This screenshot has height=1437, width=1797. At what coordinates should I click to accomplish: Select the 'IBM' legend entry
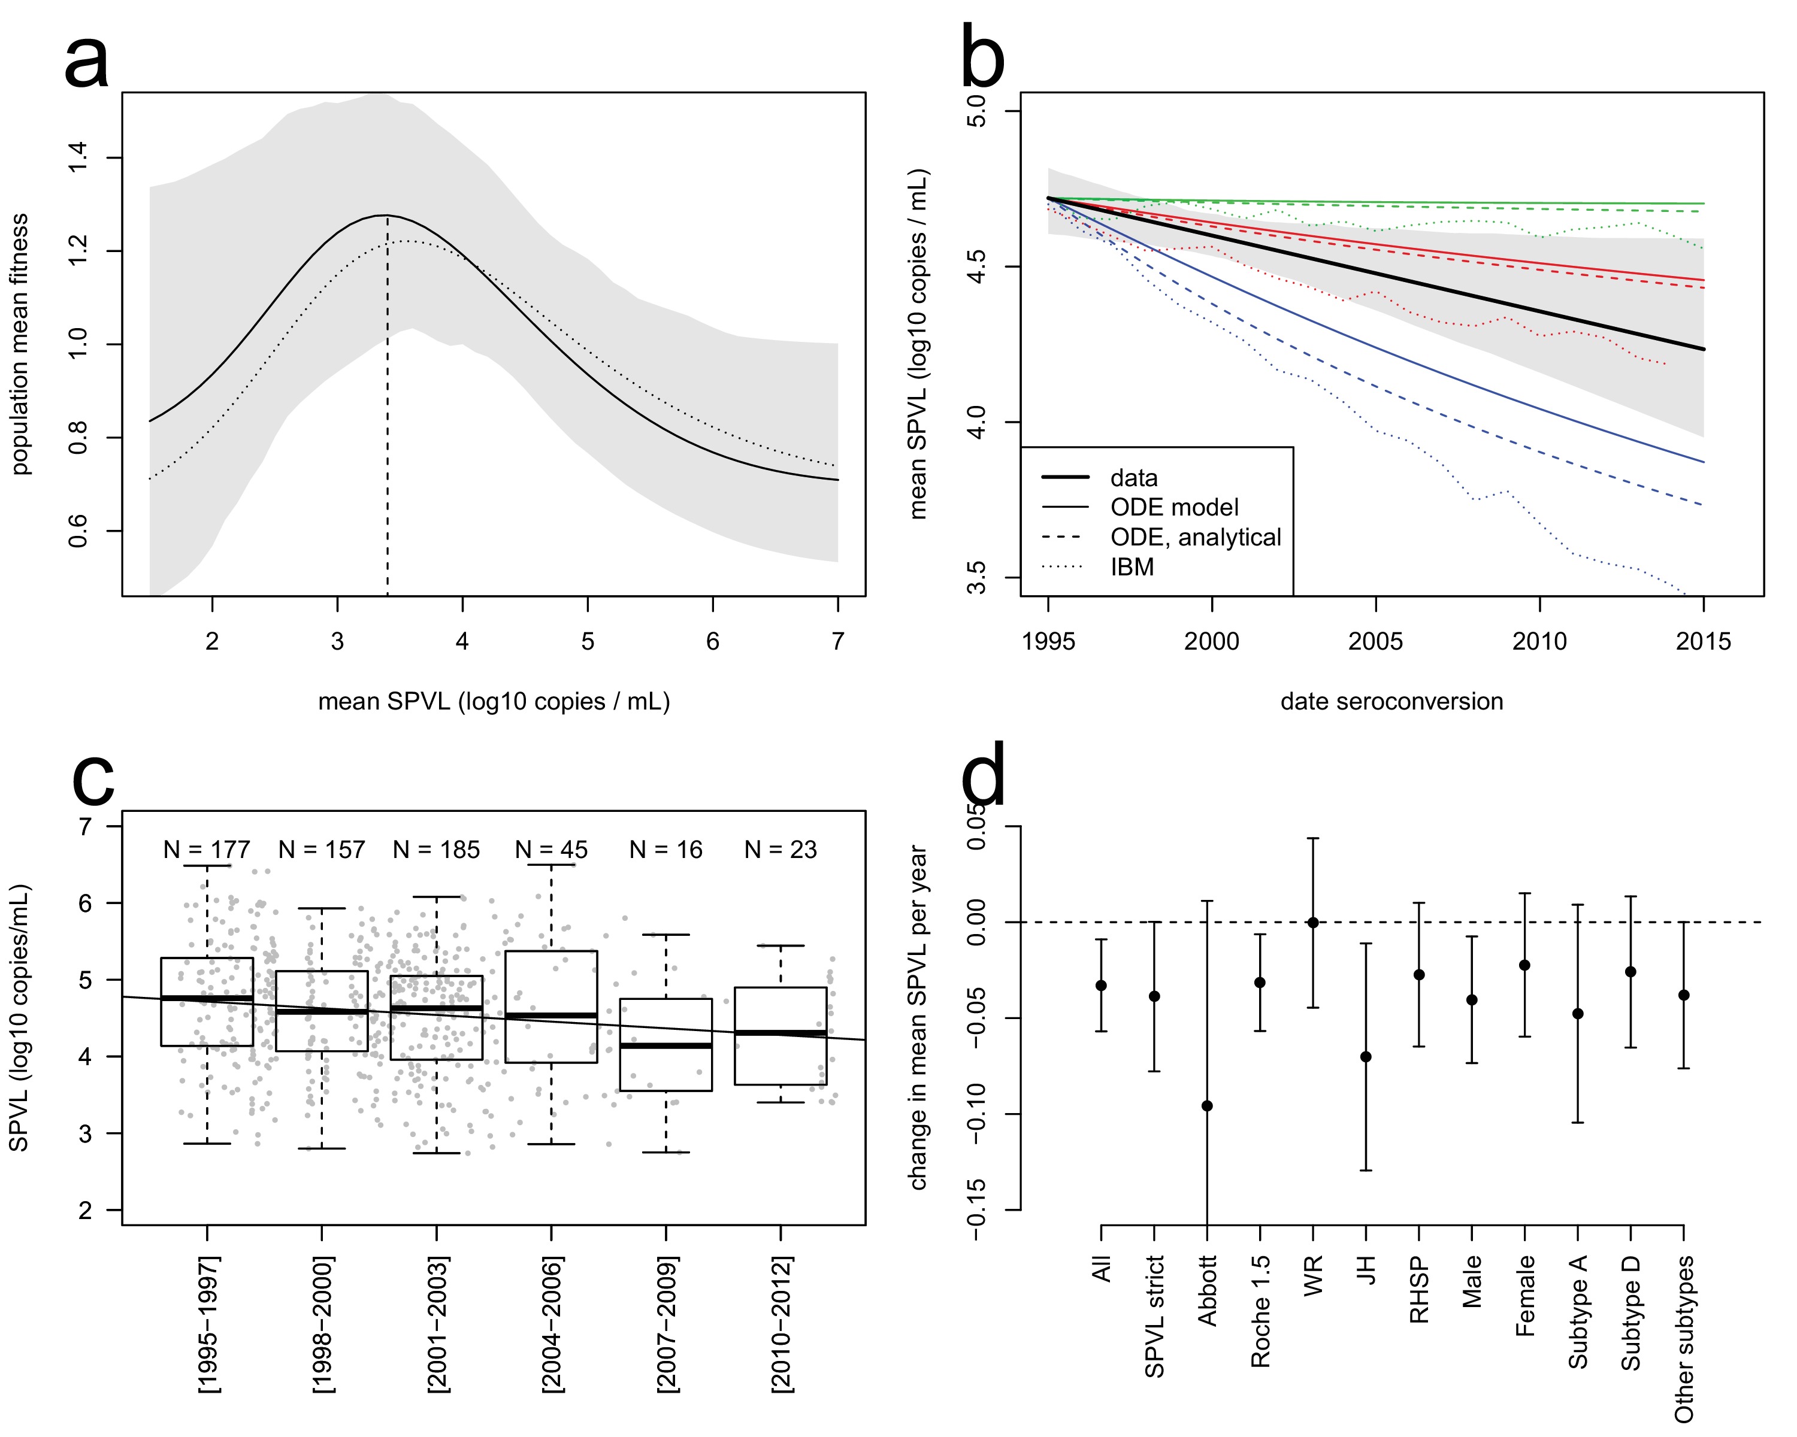point(1132,567)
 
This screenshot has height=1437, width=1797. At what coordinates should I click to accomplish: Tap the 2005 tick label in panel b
point(1375,641)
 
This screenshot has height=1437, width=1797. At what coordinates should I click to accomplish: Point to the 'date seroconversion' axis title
point(1391,701)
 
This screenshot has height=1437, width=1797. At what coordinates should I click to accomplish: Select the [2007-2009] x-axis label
point(667,1324)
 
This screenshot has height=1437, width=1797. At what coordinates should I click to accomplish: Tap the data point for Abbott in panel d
point(1207,1106)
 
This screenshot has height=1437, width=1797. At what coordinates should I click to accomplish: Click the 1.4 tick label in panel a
point(77,157)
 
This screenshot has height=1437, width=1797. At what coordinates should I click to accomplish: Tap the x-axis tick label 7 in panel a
point(837,641)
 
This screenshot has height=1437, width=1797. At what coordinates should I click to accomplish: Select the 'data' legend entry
point(1133,478)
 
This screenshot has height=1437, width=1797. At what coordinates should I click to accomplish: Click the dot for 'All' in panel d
point(1101,986)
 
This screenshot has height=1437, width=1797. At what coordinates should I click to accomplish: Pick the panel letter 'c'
point(93,780)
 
